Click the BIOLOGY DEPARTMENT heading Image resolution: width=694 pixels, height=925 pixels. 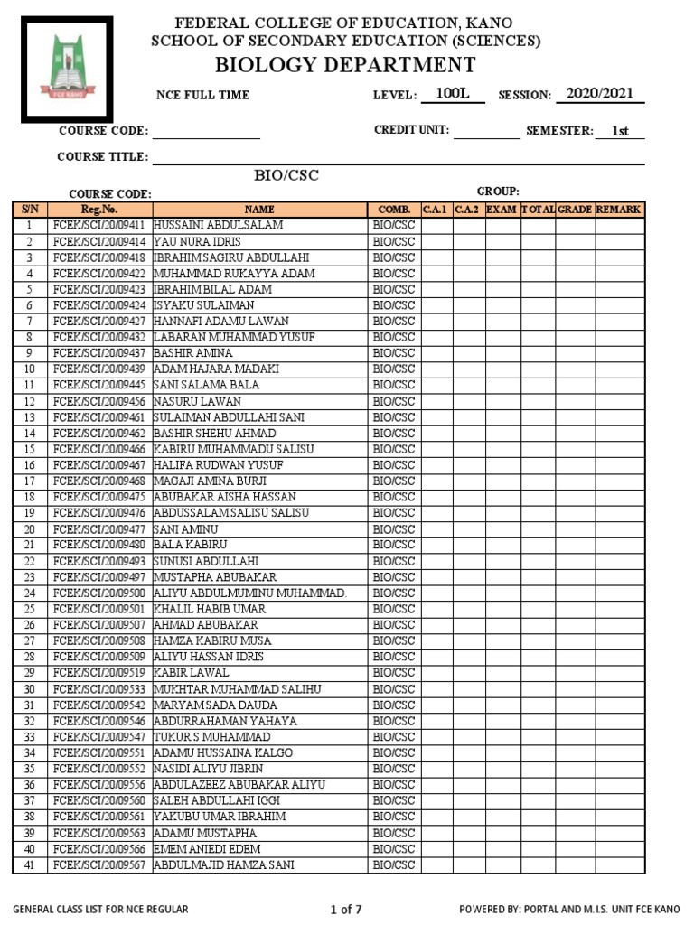[345, 64]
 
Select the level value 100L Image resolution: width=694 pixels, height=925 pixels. [452, 93]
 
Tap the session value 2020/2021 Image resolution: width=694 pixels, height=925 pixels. [599, 93]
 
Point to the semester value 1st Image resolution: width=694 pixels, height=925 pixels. [619, 131]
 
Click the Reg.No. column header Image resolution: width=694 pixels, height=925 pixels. [99, 209]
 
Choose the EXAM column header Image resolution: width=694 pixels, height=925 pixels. [502, 209]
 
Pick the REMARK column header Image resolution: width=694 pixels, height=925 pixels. [619, 209]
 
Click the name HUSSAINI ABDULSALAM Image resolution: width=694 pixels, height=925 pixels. [218, 225]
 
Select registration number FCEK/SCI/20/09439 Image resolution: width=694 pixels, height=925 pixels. [99, 369]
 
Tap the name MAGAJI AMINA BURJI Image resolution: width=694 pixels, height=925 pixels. [210, 481]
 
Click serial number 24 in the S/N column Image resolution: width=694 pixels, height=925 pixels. [29, 593]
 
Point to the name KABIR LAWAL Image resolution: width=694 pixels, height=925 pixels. [191, 673]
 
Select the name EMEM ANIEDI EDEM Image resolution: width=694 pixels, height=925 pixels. [207, 849]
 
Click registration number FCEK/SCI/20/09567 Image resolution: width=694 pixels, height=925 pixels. [99, 865]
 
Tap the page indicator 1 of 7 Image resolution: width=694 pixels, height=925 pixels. [346, 909]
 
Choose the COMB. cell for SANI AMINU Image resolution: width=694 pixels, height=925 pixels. [394, 528]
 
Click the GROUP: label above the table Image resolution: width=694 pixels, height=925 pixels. [498, 191]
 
